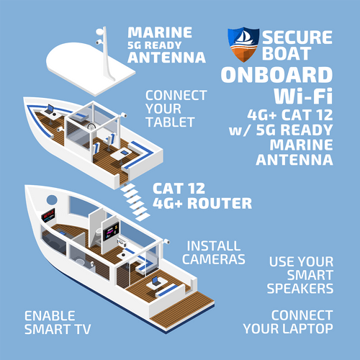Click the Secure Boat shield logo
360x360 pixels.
(243, 45)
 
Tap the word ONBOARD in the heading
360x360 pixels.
(276, 75)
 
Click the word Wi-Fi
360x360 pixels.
(303, 96)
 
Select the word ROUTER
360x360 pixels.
(220, 204)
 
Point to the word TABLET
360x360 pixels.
(171, 122)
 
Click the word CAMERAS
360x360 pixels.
(214, 259)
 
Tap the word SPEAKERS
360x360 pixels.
(300, 289)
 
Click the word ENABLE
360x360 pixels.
(50, 315)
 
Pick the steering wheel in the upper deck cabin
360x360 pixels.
(91, 127)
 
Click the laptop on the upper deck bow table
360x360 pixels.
(50, 109)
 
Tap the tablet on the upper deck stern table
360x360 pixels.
(124, 153)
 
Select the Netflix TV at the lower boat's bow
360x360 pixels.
(48, 215)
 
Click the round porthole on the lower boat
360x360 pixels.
(52, 199)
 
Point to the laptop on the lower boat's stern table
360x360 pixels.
(156, 281)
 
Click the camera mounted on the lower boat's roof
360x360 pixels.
(166, 241)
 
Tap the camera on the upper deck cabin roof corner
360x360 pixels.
(124, 114)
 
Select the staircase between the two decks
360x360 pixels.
(135, 202)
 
